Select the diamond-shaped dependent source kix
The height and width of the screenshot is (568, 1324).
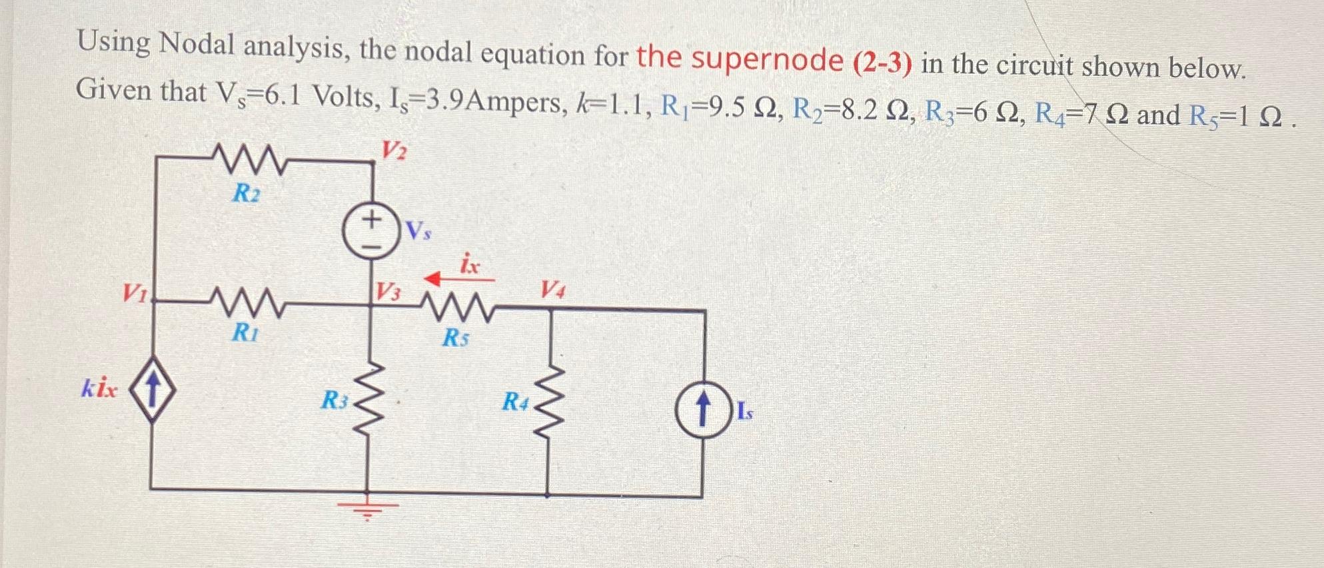pos(152,390)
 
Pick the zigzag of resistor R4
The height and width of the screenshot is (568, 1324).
pos(548,400)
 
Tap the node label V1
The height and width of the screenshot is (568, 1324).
pos(135,292)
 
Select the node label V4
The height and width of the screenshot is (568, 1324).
pos(552,289)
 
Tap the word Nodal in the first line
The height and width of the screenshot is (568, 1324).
pos(197,45)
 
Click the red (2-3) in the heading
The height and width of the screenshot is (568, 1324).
pos(882,63)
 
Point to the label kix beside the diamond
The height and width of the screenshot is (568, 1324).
pos(100,388)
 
